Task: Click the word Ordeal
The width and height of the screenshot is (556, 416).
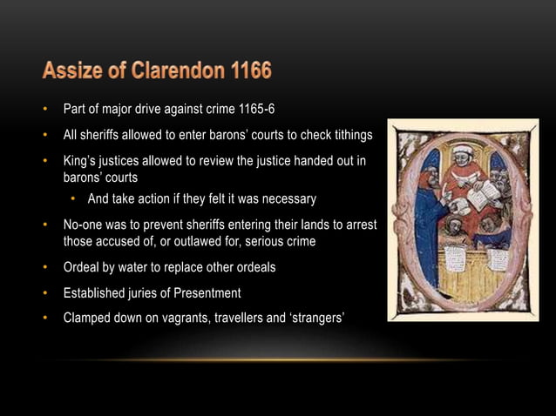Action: (x=84, y=267)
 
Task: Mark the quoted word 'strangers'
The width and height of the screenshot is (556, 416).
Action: (x=315, y=318)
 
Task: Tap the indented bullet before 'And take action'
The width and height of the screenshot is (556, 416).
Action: (x=75, y=199)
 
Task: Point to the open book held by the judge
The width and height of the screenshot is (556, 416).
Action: (x=482, y=197)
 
